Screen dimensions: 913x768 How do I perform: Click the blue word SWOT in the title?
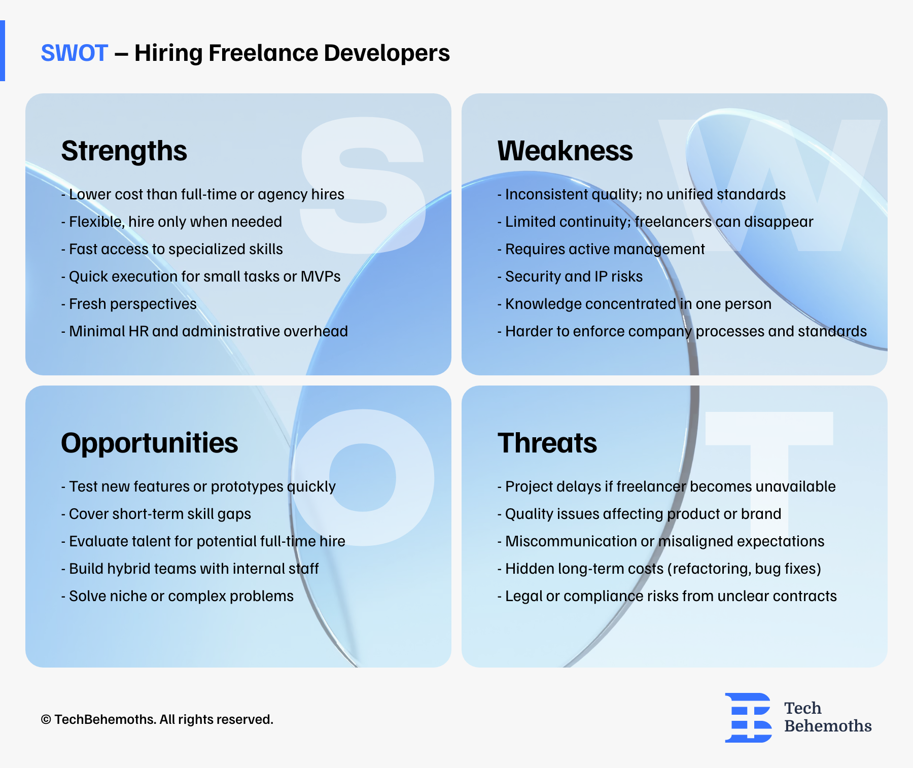[x=74, y=53]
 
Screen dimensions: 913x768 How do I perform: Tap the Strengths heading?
[x=124, y=151]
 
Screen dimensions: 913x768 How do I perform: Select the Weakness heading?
[x=565, y=151]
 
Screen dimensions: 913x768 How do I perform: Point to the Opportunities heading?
[x=150, y=443]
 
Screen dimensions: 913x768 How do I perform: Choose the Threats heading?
[x=547, y=443]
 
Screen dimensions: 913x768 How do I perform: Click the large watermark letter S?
[x=362, y=186]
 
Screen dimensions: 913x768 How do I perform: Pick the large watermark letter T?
[x=769, y=477]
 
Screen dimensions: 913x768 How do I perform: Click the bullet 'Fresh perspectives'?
[x=129, y=304]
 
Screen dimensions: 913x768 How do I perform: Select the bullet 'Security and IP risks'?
[x=570, y=276]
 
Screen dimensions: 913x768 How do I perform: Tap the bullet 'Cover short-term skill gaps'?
[x=156, y=514]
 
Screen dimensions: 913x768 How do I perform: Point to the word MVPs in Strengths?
[x=321, y=276]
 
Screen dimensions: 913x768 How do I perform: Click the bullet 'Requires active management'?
[x=601, y=249]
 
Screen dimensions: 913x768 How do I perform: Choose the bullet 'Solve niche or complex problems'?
[x=178, y=596]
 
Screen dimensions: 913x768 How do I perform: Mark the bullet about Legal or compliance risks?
[x=667, y=596]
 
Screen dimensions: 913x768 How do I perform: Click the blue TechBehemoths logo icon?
[x=748, y=717]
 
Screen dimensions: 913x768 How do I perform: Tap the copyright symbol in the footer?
[x=46, y=720]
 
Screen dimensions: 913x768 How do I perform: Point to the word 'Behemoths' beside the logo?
[x=828, y=726]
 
